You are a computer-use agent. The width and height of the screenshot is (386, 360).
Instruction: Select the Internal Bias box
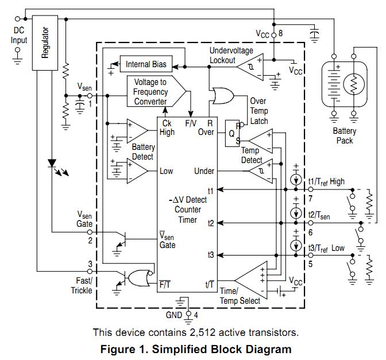146,64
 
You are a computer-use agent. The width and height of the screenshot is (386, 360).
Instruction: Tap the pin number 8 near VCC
281,34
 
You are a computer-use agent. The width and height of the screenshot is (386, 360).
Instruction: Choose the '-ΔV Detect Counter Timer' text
187,210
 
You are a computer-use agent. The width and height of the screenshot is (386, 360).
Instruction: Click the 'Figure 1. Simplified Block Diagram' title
196,349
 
